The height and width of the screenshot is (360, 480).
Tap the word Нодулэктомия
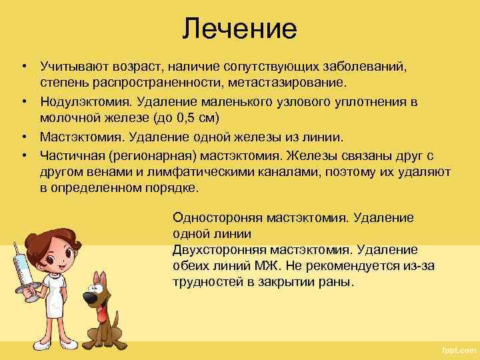click(81, 102)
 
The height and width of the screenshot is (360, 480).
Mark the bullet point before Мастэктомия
click(23, 137)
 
